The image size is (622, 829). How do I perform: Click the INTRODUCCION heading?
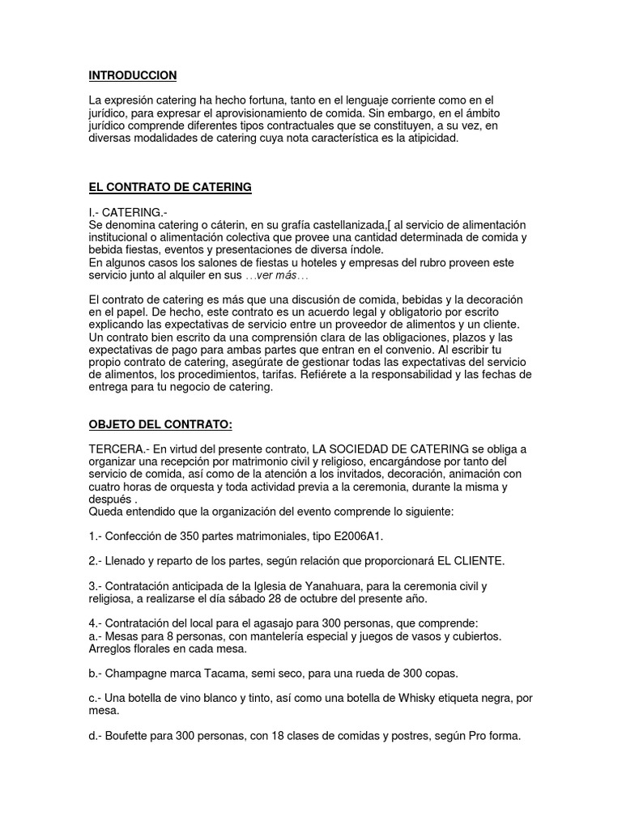[x=133, y=75]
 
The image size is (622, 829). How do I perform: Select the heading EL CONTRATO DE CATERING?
[x=170, y=187]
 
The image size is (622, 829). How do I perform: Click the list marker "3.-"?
[x=96, y=585]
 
